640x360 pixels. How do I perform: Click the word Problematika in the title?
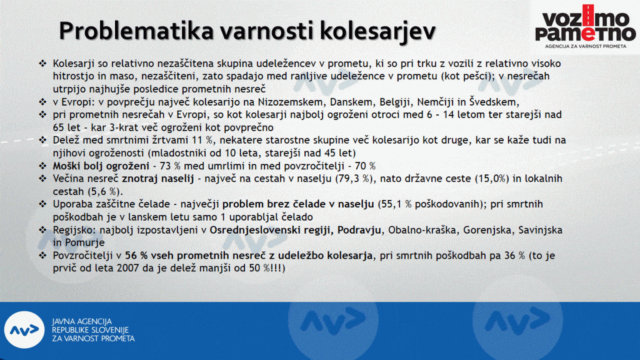click(136, 31)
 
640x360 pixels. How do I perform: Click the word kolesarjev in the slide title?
click(377, 31)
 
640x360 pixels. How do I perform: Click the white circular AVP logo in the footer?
click(24, 330)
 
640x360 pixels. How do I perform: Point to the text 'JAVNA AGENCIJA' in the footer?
click(82, 321)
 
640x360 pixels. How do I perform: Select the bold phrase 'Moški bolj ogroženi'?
click(101, 166)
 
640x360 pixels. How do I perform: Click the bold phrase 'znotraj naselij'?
click(158, 179)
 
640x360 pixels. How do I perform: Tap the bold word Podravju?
click(359, 230)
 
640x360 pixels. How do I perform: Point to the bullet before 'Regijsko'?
click(43, 229)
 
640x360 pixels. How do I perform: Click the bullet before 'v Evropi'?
click(43, 101)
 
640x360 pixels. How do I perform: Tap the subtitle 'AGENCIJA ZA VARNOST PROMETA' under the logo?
click(585, 46)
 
